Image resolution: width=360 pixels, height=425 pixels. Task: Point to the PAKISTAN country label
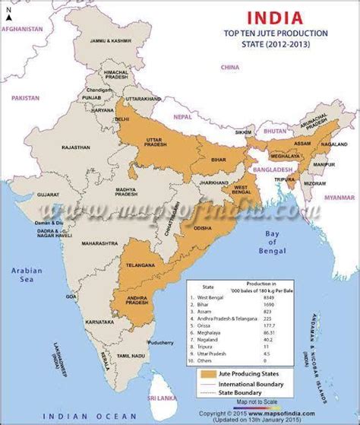click(24, 98)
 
